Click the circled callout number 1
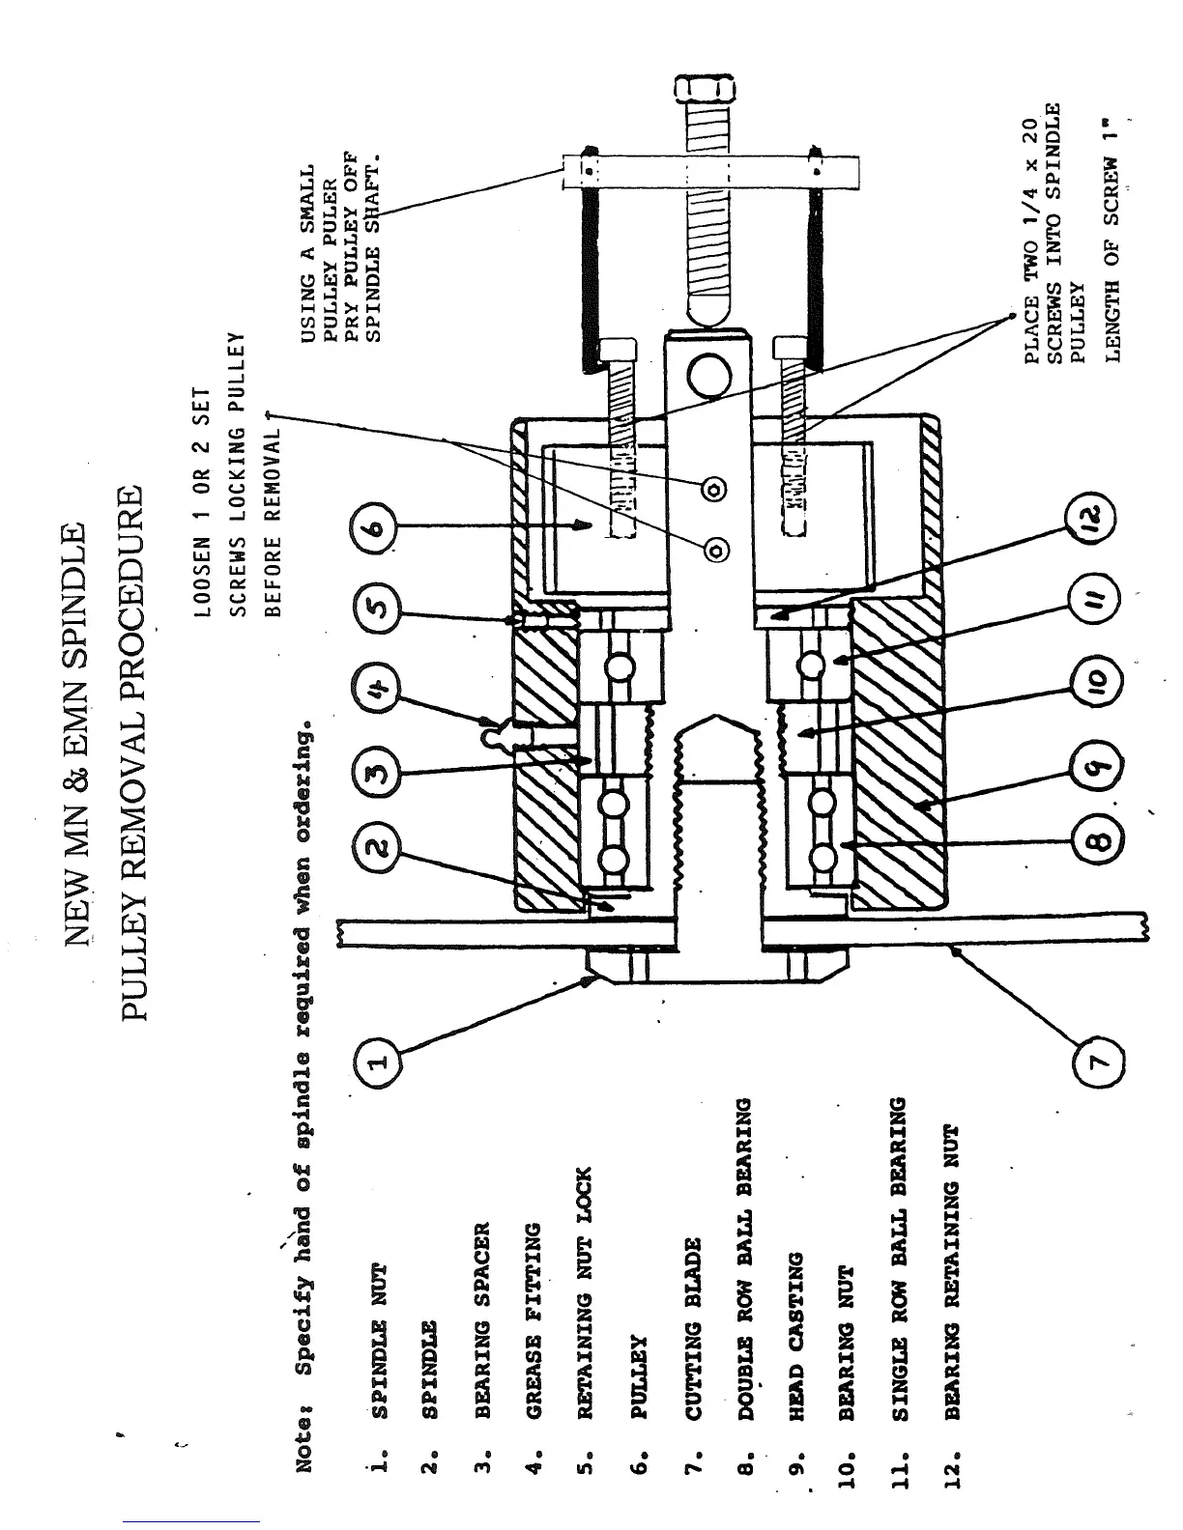[377, 1062]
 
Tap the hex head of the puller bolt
[704, 91]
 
